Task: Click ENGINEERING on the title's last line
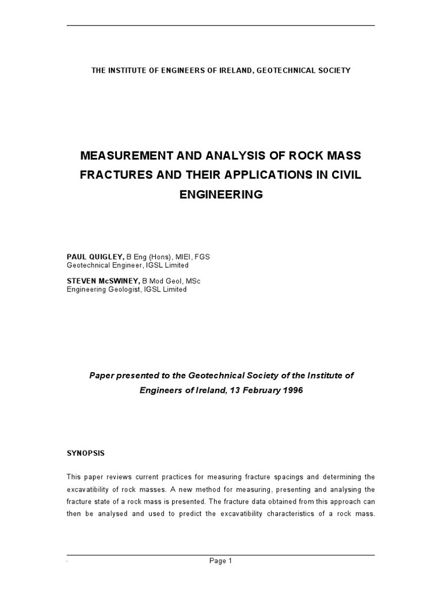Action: click(221, 195)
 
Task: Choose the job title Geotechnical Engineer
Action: click(105, 266)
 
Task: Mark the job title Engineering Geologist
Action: click(102, 290)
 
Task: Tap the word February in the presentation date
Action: click(253, 389)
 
